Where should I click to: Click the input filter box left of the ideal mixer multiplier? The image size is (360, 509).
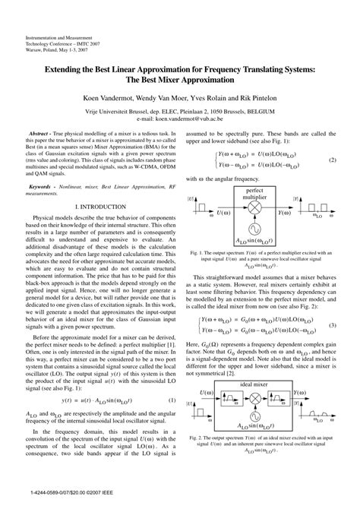click(x=233, y=395)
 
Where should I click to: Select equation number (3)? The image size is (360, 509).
click(x=332, y=303)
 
